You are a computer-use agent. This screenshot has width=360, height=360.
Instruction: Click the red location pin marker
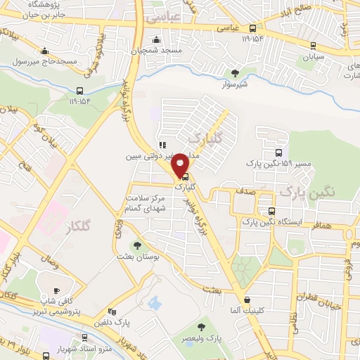coord(181,165)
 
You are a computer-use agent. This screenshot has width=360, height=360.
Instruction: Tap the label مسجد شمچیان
coord(155,52)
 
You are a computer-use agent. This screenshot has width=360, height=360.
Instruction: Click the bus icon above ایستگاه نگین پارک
coord(271,212)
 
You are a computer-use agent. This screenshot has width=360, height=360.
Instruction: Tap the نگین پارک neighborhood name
coord(307,190)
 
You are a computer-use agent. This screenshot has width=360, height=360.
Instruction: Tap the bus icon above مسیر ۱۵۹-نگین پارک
coord(279,153)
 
